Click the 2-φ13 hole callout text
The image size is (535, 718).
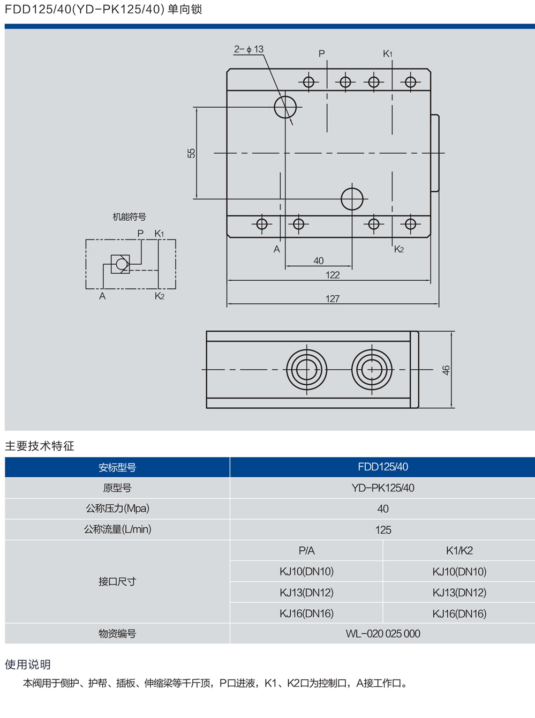tap(248, 49)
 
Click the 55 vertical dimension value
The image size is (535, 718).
tap(191, 153)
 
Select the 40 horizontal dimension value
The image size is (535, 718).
tap(319, 261)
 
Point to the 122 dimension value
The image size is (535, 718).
tap(333, 275)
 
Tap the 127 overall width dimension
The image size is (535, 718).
tap(333, 299)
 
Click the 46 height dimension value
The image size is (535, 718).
tap(446, 370)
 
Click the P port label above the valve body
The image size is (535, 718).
tap(322, 54)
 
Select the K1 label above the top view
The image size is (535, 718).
tap(388, 54)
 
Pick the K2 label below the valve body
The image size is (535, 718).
tap(399, 249)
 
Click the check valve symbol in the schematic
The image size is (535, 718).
tap(120, 264)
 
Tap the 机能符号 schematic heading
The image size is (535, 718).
tap(129, 217)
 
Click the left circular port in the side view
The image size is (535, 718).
tap(306, 370)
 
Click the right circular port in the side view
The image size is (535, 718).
tap(372, 370)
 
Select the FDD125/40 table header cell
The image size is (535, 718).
tap(382, 467)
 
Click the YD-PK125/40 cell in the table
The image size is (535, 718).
tap(382, 488)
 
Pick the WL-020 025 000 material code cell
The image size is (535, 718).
tap(382, 634)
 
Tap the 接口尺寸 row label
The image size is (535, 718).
tap(117, 582)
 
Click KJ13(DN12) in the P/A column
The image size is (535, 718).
tap(306, 593)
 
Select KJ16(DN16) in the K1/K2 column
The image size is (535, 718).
tap(459, 614)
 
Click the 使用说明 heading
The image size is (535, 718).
tap(28, 664)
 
